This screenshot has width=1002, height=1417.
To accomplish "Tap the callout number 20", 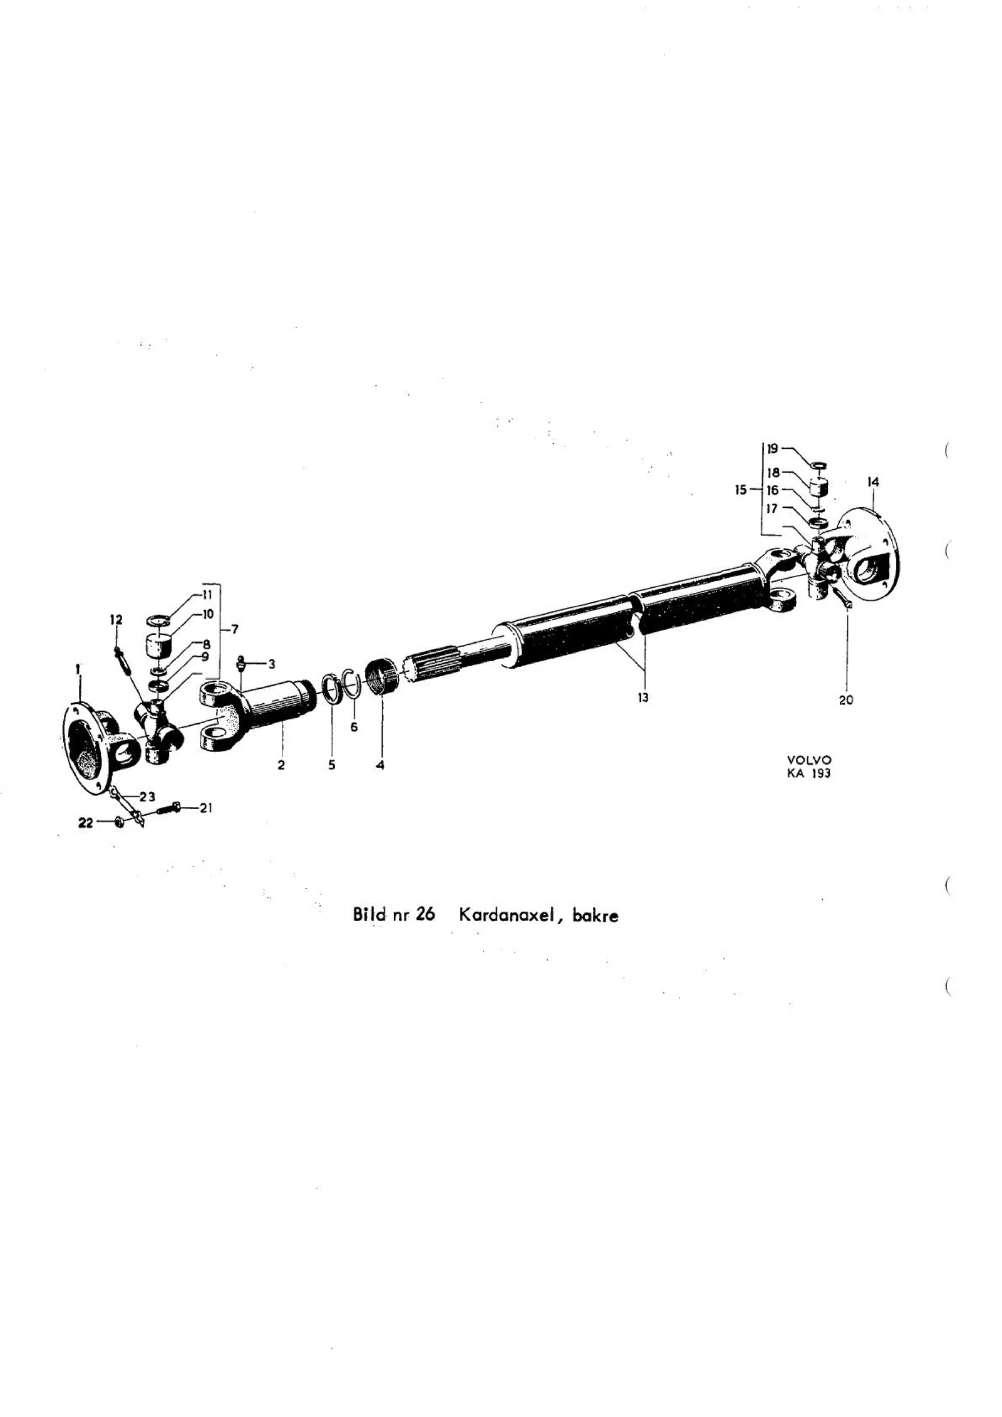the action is [x=845, y=700].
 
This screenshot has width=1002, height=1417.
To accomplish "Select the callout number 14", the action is [x=873, y=482].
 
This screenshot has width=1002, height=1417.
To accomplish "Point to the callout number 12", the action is [x=116, y=619].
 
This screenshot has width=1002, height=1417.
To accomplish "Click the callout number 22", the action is [x=85, y=823].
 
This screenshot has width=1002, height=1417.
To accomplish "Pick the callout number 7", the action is [x=234, y=629].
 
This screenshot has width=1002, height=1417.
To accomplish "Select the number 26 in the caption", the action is [x=425, y=915].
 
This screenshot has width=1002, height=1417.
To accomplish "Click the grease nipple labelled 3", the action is [x=240, y=663].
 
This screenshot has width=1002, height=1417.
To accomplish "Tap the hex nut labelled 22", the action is [x=121, y=822].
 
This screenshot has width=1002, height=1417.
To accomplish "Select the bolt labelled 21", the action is [x=165, y=808].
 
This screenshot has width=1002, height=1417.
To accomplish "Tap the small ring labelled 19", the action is [x=818, y=464].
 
